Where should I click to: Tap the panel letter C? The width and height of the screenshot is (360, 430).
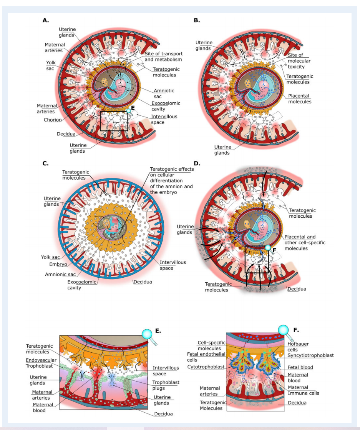pos(45,163)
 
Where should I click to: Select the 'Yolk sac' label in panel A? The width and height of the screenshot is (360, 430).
pos(50,65)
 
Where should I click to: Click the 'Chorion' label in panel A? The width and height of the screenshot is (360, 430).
pos(53,120)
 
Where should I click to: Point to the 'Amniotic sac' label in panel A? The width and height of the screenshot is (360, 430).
pos(164,93)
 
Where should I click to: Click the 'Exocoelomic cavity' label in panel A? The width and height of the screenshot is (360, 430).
pos(166,106)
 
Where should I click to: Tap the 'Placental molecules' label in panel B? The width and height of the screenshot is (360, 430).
pos(300,98)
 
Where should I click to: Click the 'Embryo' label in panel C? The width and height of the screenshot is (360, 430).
pos(58,265)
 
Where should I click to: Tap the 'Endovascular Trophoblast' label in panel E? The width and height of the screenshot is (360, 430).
pos(41,363)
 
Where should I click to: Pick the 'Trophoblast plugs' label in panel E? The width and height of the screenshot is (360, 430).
pos(166,385)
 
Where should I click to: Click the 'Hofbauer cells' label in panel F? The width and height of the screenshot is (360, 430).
pos(298,347)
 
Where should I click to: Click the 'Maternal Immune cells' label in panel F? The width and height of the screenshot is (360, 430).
pos(304,390)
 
